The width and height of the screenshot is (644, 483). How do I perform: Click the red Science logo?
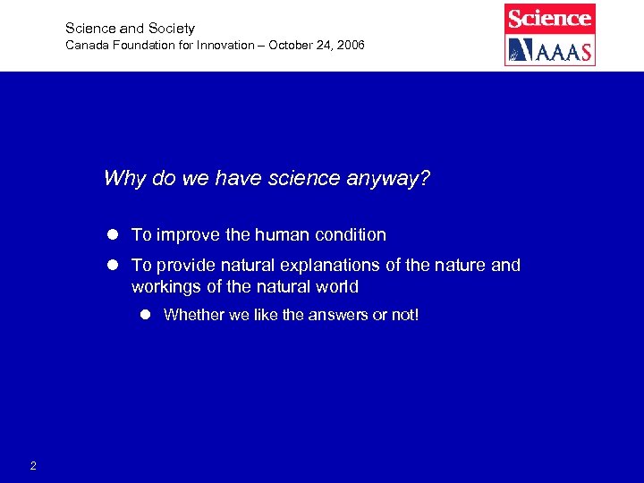click(x=549, y=18)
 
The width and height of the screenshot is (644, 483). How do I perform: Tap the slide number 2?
click(x=33, y=465)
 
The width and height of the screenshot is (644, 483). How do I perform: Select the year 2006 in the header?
click(x=350, y=45)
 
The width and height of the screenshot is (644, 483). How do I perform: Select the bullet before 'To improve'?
click(x=114, y=235)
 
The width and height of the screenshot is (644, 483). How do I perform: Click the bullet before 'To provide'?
click(x=114, y=266)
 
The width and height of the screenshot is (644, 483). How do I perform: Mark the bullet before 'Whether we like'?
click(x=146, y=315)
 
